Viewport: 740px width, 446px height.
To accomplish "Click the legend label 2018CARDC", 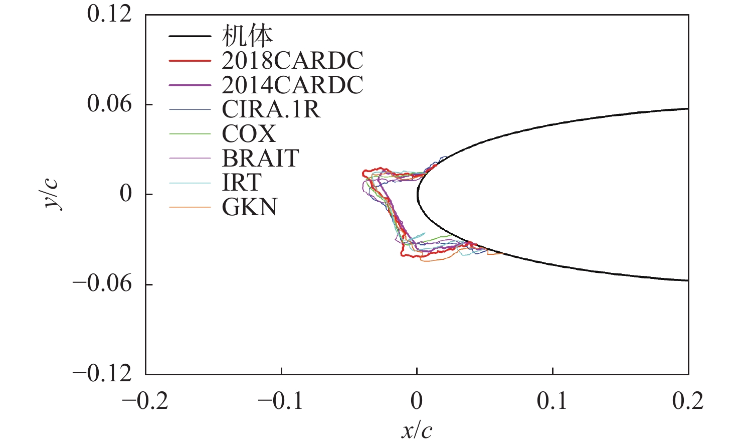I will click(292, 61).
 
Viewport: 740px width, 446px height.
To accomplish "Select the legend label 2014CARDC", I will click(292, 85).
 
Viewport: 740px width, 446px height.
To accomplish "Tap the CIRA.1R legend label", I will click(271, 109).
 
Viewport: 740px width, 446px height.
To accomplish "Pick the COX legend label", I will click(249, 134).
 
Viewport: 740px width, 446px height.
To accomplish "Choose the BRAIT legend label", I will click(260, 159).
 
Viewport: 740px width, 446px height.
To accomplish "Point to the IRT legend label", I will click(242, 183).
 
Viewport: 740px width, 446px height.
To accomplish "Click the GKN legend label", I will click(250, 207).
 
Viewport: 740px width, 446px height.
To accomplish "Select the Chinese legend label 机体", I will click(247, 36).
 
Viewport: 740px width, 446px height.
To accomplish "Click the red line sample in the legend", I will click(190, 61).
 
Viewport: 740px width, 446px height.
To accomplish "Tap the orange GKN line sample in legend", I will click(190, 207).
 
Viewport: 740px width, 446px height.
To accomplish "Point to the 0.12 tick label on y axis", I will click(109, 14).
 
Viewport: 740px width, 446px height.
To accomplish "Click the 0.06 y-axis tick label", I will click(109, 104).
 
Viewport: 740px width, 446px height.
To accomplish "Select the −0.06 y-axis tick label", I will click(102, 284).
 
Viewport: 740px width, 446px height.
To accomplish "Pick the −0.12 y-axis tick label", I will click(102, 374).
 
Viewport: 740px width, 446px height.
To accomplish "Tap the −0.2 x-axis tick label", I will click(145, 401).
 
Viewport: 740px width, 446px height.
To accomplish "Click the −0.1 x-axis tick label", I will click(281, 401).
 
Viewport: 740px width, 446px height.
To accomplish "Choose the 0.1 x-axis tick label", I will click(552, 401).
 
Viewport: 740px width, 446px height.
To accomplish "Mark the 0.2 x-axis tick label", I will click(688, 401).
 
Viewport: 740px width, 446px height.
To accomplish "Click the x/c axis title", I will click(417, 430).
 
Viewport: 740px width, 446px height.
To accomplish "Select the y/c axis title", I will click(52, 194).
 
